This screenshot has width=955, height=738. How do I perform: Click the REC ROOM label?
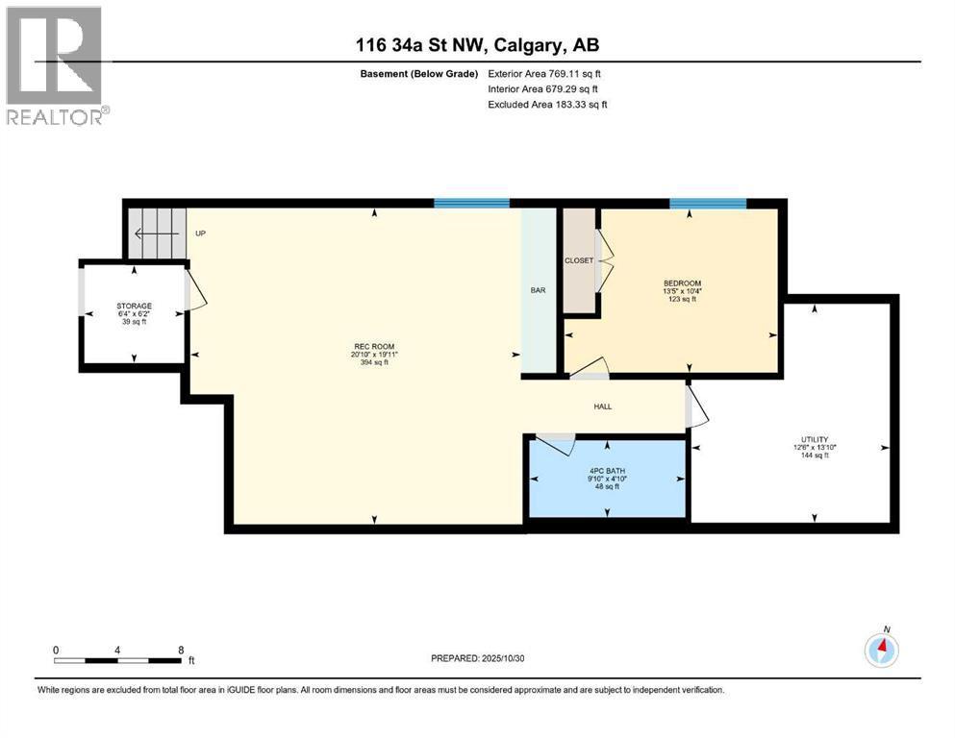pos(374,347)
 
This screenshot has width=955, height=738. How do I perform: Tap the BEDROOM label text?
pos(682,283)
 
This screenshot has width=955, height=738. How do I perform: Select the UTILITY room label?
pos(815,439)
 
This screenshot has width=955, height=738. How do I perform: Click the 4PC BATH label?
pos(607,471)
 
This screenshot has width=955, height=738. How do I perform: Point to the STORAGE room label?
pos(134,306)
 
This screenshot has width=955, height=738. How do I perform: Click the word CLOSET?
pos(579,260)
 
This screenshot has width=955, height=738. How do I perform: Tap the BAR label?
pos(538,290)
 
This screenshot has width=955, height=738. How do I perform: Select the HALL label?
pos(602,406)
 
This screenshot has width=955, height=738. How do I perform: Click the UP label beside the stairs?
pos(200,233)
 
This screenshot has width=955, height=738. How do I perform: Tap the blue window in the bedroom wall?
pos(708,204)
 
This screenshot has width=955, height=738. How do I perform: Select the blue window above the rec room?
pos(471,203)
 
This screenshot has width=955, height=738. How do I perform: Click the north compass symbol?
pos(881,650)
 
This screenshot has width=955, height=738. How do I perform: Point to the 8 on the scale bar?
pos(181,650)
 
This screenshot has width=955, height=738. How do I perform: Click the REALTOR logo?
pos(58,65)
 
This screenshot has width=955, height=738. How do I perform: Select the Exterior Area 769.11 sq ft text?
pos(544,74)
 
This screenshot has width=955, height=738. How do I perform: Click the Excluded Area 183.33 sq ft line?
pos(547,104)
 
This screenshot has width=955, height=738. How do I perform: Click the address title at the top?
pos(477,45)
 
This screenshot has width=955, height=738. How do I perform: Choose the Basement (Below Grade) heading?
pos(419,74)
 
